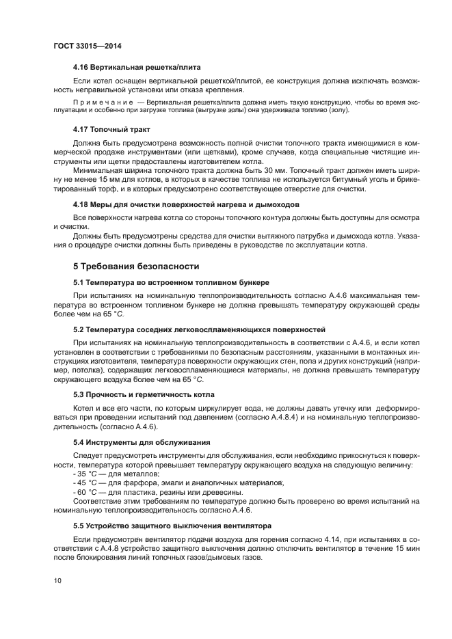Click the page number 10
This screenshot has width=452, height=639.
point(57,581)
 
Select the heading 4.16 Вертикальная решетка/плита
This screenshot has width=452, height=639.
point(136,68)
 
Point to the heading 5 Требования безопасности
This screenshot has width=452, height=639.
point(136,266)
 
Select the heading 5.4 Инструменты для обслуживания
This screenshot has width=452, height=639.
point(141,442)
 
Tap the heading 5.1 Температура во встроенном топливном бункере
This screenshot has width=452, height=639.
point(171,282)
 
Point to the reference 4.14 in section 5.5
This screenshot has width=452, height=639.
point(291,539)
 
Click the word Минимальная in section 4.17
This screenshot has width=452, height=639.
point(98,168)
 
